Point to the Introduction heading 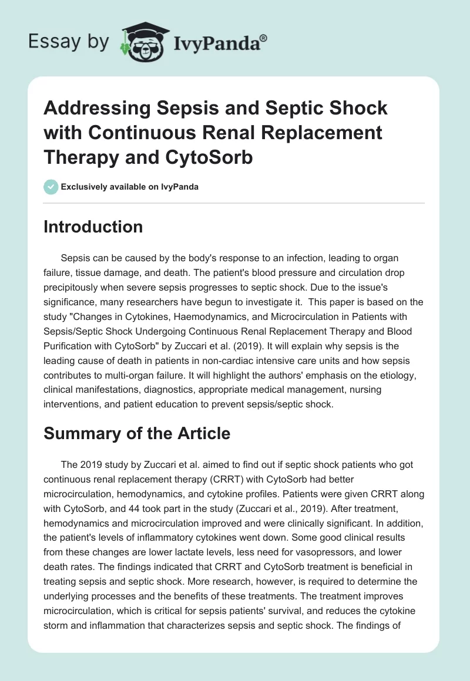pyautogui.click(x=93, y=227)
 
